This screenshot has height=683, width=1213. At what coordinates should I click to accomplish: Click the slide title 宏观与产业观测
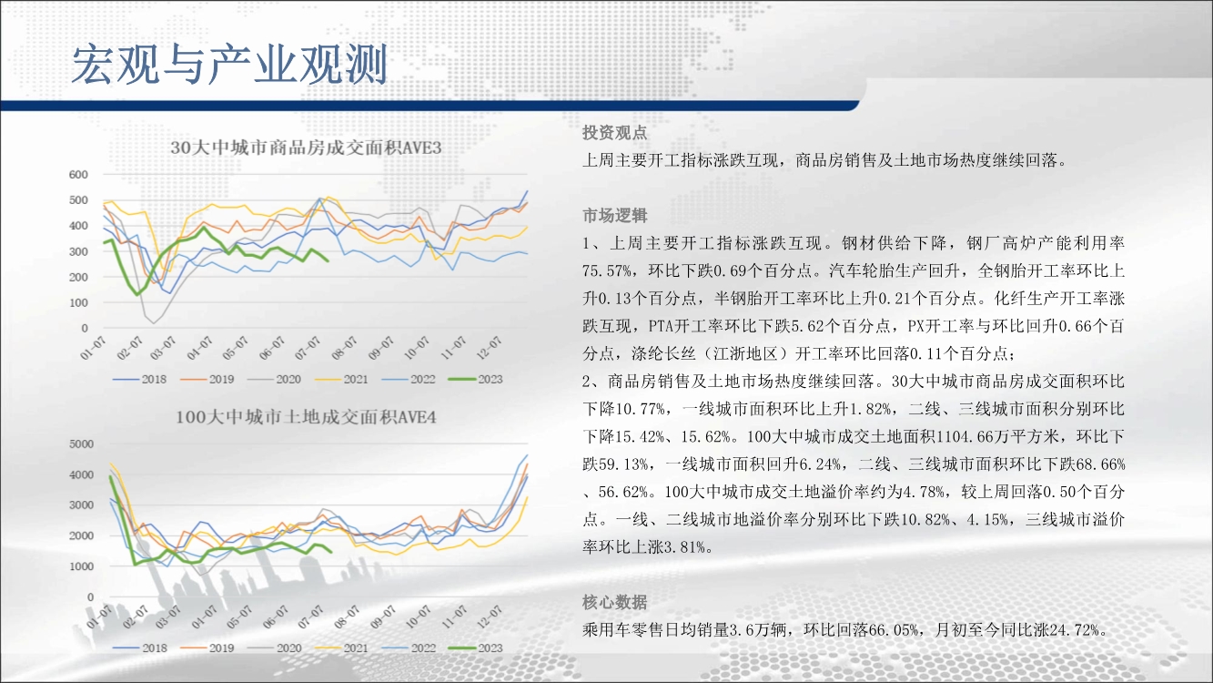tap(229, 65)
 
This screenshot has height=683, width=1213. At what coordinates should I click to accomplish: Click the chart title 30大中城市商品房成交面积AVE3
tap(306, 148)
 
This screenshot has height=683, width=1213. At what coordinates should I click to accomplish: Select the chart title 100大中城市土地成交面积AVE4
tap(306, 417)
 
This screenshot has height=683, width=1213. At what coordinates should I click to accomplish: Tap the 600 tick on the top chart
tap(78, 175)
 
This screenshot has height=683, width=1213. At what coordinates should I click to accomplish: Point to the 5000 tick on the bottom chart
tap(82, 444)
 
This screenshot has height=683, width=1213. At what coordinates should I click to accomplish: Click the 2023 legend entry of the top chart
tap(475, 379)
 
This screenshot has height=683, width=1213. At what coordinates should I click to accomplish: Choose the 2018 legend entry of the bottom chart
tap(140, 647)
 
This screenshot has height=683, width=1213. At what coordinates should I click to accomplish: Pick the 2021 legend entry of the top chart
tap(341, 379)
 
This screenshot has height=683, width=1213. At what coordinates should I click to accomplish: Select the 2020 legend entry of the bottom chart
tap(274, 647)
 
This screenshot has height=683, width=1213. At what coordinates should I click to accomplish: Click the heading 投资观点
tap(614, 133)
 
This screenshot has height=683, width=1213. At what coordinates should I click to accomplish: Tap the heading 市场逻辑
tap(614, 216)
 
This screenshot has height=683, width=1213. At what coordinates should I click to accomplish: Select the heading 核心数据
tap(614, 602)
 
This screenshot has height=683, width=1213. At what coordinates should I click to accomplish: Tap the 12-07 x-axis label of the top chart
tap(489, 348)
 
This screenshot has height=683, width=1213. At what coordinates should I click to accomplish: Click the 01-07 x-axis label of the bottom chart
tap(98, 617)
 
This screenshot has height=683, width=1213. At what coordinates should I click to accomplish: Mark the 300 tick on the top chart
tap(78, 251)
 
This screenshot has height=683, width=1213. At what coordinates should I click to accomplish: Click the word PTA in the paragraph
tap(662, 326)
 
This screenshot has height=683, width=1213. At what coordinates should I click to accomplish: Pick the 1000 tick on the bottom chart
tap(82, 566)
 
